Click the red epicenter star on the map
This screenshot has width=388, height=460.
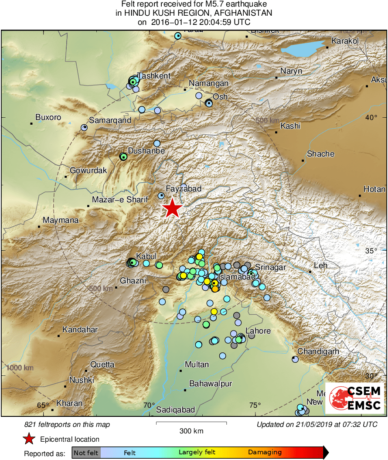coord(173,208)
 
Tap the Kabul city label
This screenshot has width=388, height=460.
coord(146,256)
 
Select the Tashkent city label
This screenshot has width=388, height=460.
coord(154,76)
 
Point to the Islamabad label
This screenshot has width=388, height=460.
coord(237,277)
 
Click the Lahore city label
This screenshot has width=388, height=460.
coord(258,331)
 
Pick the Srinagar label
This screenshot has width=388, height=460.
coord(270,267)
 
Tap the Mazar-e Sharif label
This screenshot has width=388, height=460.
coord(120,200)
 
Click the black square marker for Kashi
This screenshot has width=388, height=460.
coord(276,132)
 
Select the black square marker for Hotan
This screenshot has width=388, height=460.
coord(360,196)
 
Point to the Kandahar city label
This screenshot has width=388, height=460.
coord(80,330)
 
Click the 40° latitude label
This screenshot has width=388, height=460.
coord(371,117)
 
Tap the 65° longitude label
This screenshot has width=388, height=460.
coord(43,405)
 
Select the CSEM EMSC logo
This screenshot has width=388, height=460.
coord(354,398)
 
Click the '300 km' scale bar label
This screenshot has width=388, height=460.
coord(191,431)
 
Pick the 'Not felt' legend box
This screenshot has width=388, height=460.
coord(86,453)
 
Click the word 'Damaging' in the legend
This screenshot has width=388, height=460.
coord(265,453)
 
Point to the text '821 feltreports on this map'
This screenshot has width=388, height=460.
coord(67,424)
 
